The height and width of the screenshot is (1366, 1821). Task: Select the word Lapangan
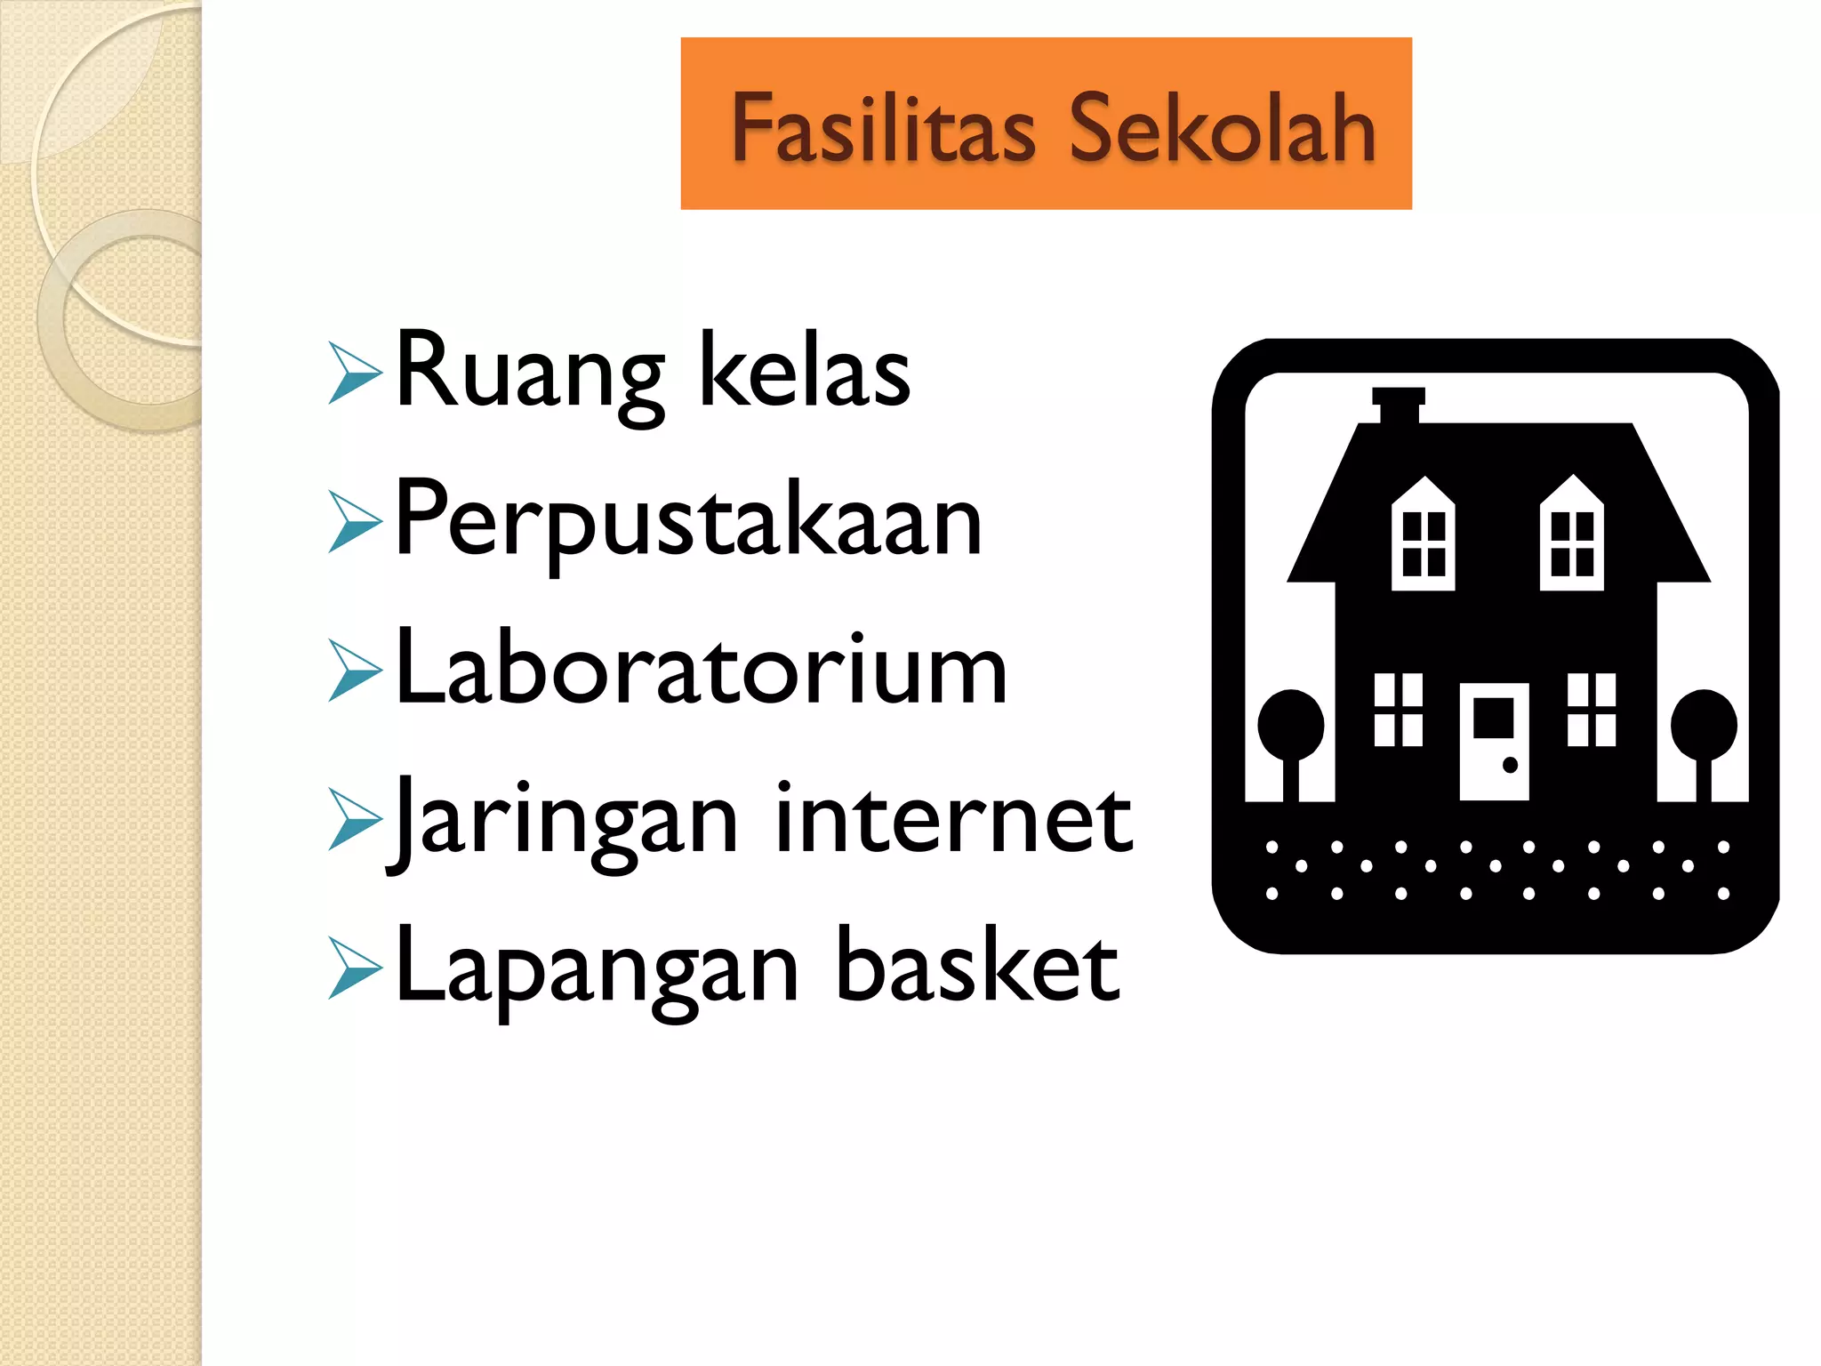pyautogui.click(x=597, y=969)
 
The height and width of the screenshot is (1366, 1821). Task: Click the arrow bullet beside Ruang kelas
pyautogui.click(x=355, y=373)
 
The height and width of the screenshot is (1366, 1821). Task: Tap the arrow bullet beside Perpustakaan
pyautogui.click(x=355, y=522)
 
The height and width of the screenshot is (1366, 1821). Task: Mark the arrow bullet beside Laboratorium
pyautogui.click(x=355, y=670)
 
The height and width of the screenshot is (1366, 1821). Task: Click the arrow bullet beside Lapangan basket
pyautogui.click(x=355, y=968)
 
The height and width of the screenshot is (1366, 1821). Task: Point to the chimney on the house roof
pyautogui.click(x=1399, y=405)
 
